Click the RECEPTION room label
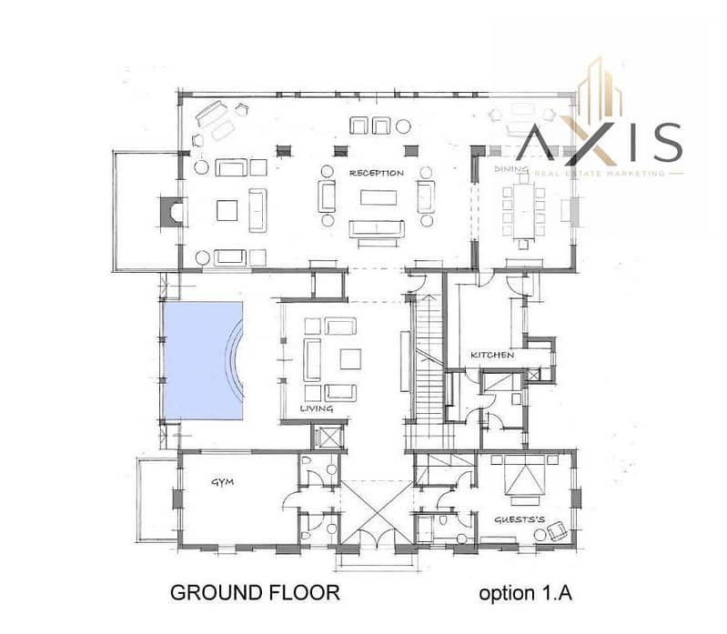(x=377, y=173)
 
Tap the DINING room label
(x=511, y=169)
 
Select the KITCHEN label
(x=492, y=355)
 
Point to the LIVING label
(x=317, y=408)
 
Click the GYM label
(x=223, y=482)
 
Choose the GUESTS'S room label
(x=520, y=519)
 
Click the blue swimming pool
(x=203, y=360)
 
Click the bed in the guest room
(x=525, y=479)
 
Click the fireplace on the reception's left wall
(x=172, y=212)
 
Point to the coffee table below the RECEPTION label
(x=379, y=197)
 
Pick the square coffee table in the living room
(x=350, y=358)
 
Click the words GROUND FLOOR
(x=255, y=593)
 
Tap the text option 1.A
(x=525, y=593)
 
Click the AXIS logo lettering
(x=599, y=141)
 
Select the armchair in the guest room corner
(x=557, y=531)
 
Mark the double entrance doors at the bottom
(x=377, y=533)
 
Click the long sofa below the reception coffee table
(x=377, y=229)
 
